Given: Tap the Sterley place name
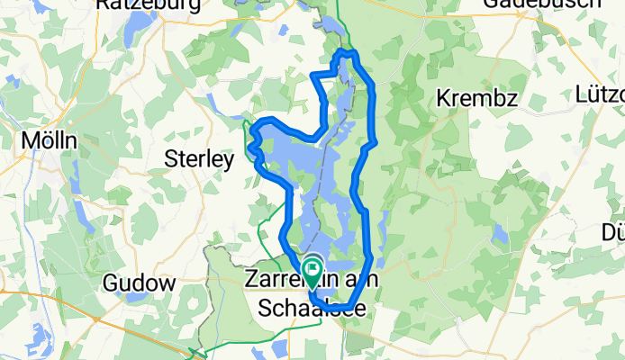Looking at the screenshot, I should pyautogui.click(x=199, y=159).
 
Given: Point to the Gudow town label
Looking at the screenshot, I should pyautogui.click(x=139, y=283).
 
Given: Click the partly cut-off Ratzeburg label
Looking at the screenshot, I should pyautogui.click(x=136, y=4).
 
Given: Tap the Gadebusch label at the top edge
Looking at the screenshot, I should pyautogui.click(x=555, y=4).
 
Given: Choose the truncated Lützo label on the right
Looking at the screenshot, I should pyautogui.click(x=600, y=94).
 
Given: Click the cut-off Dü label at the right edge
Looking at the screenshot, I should pyautogui.click(x=613, y=233).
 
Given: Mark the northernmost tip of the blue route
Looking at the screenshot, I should pyautogui.click(x=346, y=53).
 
